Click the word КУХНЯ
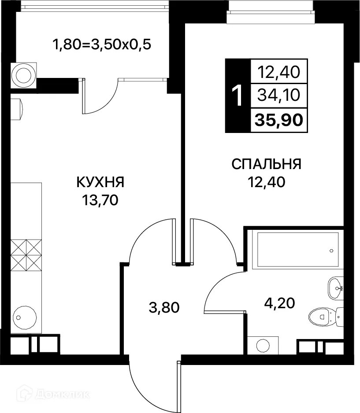click(101, 182)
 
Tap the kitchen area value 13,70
click(100, 201)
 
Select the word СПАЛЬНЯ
click(266, 164)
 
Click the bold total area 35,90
click(279, 120)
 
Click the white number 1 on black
click(237, 96)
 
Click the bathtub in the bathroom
click(295, 250)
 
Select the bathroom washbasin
click(336, 288)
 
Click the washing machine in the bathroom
click(263, 344)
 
